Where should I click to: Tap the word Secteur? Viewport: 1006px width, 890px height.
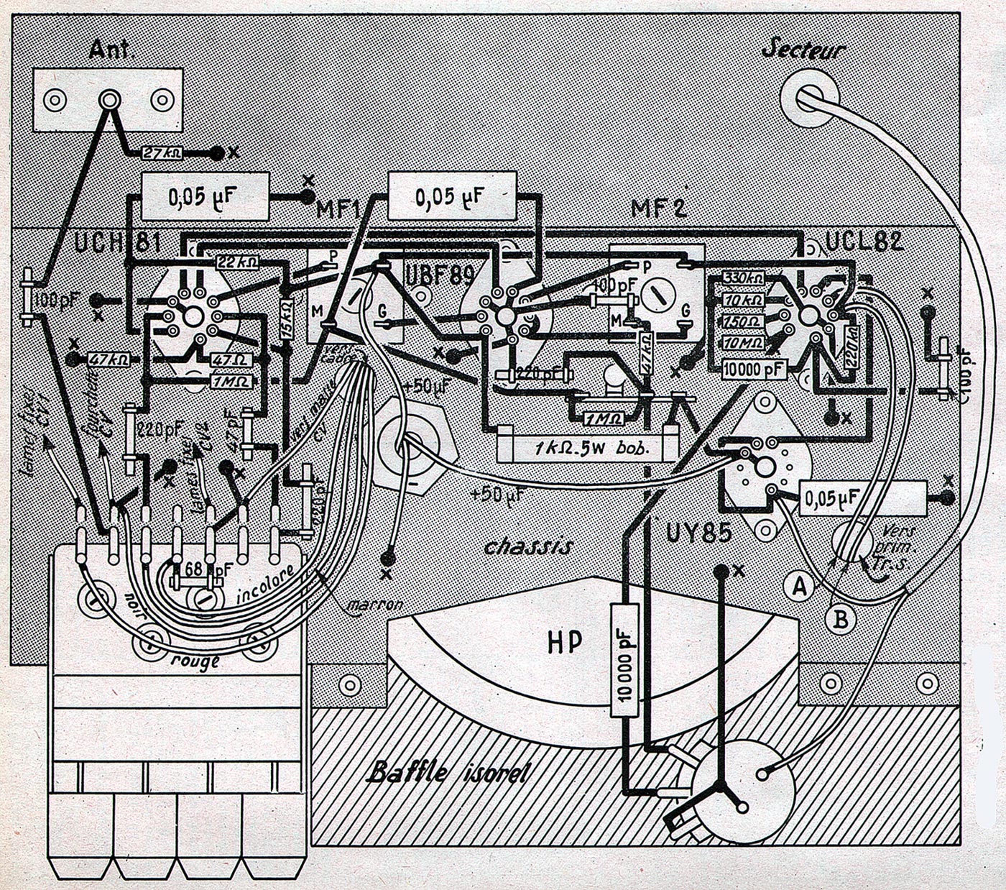pos(803,50)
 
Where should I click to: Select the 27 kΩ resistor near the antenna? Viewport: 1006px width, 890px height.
pos(163,153)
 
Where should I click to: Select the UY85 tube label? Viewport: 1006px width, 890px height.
pos(698,533)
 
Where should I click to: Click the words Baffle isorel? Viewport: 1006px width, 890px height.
pos(448,774)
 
